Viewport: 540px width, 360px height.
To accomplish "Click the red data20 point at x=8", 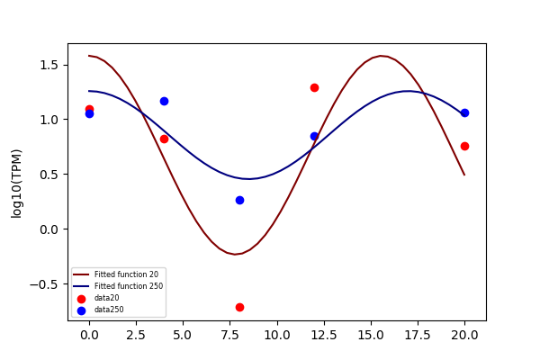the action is (x=239, y=307).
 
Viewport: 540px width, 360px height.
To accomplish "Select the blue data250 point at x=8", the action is (x=239, y=200).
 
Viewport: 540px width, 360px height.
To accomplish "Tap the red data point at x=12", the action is (x=314, y=88).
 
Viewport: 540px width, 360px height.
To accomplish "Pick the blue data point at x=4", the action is (x=165, y=102).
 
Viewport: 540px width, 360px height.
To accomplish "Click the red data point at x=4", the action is (x=165, y=139).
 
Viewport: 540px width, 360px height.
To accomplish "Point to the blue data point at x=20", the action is (x=464, y=113).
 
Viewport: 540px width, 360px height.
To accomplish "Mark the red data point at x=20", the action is (x=464, y=147).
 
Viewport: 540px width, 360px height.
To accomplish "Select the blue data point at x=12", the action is (x=314, y=137).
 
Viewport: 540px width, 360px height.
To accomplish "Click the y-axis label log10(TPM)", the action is (x=16, y=184).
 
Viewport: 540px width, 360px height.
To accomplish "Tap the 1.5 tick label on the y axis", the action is (x=49, y=65).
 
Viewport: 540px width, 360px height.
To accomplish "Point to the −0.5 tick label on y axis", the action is (x=44, y=284).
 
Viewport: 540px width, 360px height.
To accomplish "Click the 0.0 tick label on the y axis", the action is (x=49, y=229).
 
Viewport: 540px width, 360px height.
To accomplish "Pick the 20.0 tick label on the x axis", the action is (x=464, y=335).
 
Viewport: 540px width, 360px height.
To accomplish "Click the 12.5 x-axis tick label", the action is (x=324, y=335).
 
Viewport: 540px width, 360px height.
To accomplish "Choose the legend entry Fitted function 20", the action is (x=126, y=274).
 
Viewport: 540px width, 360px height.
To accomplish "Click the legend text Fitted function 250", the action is (x=129, y=286).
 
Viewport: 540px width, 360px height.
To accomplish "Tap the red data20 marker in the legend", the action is (x=81, y=299).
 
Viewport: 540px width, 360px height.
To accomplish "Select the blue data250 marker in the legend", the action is (x=81, y=310).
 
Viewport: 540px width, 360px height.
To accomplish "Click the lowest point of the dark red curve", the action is (x=235, y=254).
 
